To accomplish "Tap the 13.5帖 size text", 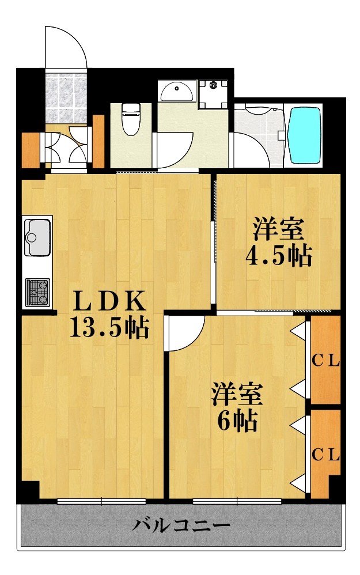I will (x=109, y=328).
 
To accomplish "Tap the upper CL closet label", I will (x=326, y=362).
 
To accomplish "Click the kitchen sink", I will (x=37, y=236).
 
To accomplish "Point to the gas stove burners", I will (x=38, y=291).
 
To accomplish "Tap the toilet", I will (x=131, y=118).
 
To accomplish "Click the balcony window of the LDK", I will (x=101, y=501).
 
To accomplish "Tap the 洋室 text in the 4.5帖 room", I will (x=279, y=229).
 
